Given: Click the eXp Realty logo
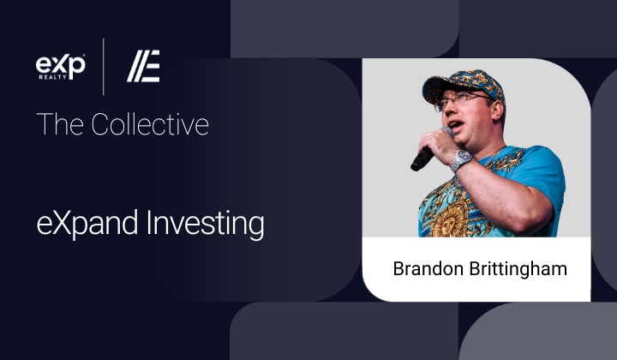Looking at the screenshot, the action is coord(61,67).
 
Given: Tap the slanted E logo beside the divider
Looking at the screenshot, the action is coord(143,66).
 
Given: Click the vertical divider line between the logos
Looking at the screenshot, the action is coord(104,67).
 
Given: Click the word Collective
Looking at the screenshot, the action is coord(150,124).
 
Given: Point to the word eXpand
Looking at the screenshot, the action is coord(87,224).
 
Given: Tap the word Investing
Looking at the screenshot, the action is coord(205,224).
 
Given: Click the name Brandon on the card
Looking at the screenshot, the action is coord(428,269).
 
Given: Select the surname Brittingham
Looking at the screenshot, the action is coord(518,269).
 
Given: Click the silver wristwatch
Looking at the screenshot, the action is coord(460,159).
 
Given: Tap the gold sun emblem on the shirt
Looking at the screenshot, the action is coord(448,223).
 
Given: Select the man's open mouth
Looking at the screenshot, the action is coord(456,126).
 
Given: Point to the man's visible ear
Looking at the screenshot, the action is coord(498,111).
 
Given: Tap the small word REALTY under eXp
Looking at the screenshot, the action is coord(52,77).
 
